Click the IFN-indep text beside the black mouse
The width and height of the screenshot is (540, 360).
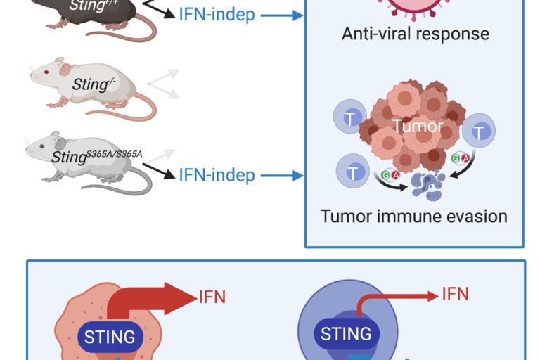(217, 13)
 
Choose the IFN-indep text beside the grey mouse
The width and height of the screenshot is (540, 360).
(217, 174)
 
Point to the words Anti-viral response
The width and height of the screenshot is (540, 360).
(415, 33)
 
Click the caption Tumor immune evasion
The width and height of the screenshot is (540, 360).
(413, 216)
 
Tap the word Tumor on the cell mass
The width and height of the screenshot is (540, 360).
(418, 127)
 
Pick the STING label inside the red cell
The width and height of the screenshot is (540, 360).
(110, 336)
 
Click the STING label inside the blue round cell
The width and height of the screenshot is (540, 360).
(345, 333)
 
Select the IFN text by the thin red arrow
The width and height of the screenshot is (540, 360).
(455, 293)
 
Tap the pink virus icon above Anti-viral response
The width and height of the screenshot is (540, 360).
(415, 7)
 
